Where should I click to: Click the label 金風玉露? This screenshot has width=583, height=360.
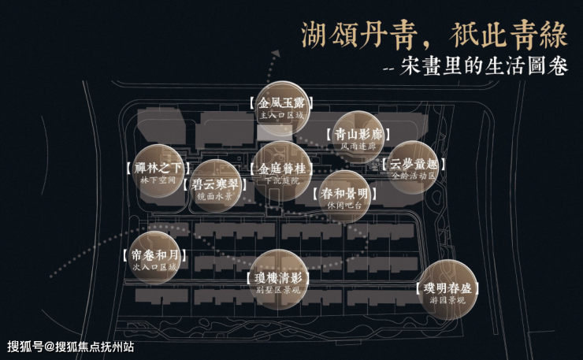280,102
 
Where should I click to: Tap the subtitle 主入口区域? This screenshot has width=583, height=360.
280,115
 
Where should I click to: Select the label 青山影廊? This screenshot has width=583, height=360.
358,134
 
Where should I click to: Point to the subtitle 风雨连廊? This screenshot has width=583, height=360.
358,147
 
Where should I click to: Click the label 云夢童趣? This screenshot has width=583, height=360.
413,164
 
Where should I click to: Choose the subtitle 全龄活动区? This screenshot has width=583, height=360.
413,176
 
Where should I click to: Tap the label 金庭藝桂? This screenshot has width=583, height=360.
280,169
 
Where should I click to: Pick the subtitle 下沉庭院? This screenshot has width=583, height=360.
280,181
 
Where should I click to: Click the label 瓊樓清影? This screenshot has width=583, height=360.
279,277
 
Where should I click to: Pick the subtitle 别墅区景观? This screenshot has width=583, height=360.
279,290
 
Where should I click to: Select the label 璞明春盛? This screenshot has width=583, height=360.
447,288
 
